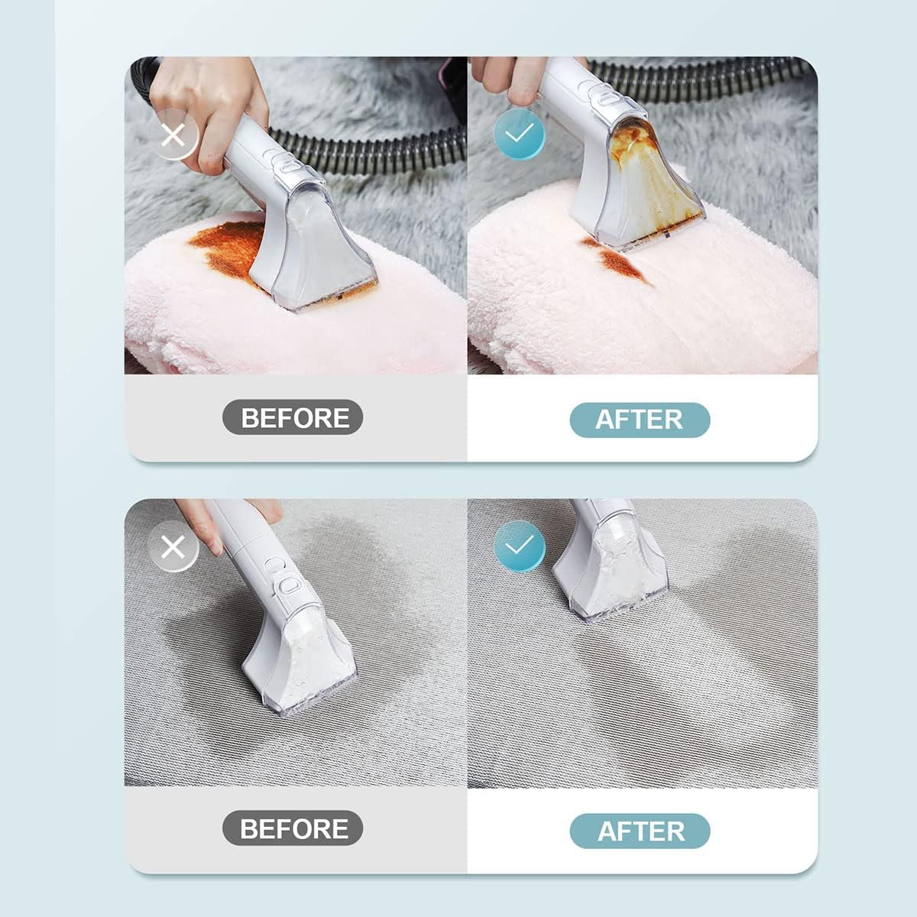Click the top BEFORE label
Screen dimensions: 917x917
point(293,417)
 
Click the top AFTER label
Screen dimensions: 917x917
point(640,420)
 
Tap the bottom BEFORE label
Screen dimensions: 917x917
point(293,828)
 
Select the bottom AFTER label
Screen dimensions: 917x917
point(640,831)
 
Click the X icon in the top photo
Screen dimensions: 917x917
point(174,135)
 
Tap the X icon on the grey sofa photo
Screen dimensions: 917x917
point(174,547)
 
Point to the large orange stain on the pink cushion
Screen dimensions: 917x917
point(225,248)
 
